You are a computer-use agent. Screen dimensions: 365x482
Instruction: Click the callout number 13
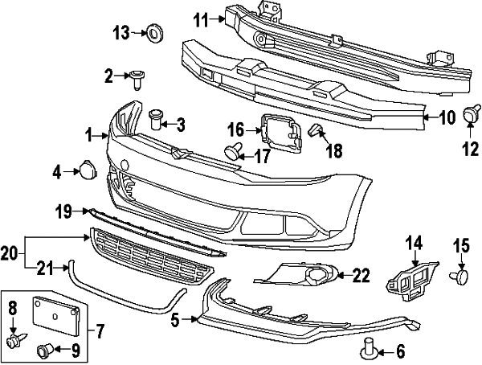click(x=120, y=33)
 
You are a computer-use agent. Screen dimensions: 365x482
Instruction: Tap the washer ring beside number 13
click(x=153, y=33)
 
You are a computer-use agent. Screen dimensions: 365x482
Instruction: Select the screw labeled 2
click(x=140, y=78)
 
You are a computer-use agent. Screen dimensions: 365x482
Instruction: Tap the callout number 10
click(x=447, y=118)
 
